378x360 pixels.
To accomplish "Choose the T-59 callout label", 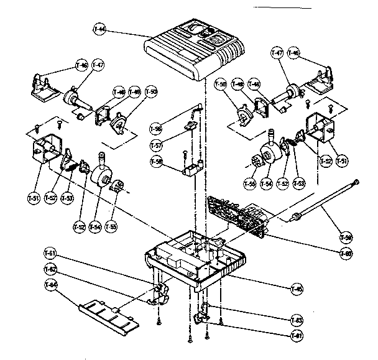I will coord(345,238).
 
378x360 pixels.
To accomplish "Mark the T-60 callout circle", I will coord(345,253).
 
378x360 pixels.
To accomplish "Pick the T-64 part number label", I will coord(50,285).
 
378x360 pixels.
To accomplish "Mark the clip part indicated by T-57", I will coord(191,127).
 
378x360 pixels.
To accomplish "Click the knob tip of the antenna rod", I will coord(356,181).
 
